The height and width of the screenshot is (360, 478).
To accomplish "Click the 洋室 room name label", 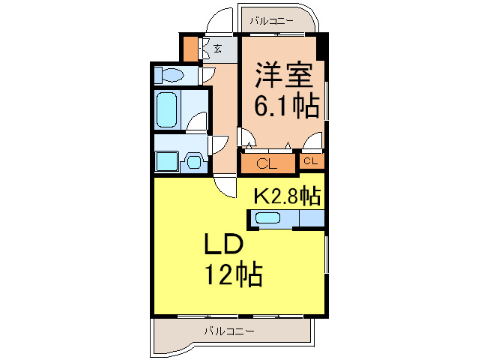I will click(282, 76).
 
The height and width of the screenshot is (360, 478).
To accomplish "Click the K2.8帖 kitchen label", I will click(287, 196).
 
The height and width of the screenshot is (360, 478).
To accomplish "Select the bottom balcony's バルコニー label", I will click(229, 331).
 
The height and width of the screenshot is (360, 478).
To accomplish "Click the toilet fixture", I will click(170, 75).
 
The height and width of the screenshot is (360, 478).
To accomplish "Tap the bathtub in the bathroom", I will click(166, 110).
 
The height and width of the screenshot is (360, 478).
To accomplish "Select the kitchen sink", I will click(267, 218).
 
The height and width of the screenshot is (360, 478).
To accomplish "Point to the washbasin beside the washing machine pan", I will click(194, 160).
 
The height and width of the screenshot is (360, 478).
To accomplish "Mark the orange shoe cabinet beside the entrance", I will click(190, 49).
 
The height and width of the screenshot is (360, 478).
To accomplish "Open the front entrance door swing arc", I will click(223, 19).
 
